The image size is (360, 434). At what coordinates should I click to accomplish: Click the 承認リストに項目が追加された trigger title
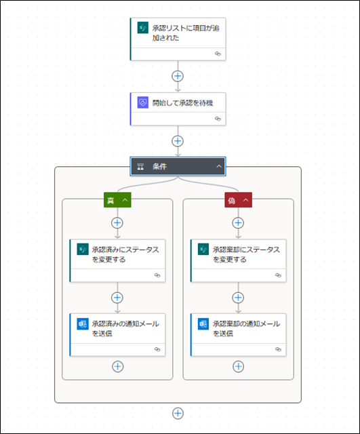pos(186,33)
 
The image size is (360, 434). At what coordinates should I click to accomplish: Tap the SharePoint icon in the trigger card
pos(143,28)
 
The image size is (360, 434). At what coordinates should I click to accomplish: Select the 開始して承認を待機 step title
pos(182,103)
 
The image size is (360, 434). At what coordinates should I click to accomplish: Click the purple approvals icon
pos(143,102)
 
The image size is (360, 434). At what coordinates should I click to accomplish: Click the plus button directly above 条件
pos(178,141)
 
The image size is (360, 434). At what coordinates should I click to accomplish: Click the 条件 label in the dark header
pos(160,166)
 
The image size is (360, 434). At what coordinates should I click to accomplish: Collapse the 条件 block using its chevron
pos(219,166)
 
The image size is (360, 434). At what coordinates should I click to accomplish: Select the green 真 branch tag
pos(117,200)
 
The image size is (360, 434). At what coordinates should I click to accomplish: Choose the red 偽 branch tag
pos(238,200)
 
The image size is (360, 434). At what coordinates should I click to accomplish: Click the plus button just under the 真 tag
pos(117,223)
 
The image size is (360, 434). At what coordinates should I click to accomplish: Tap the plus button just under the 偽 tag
pos(238,223)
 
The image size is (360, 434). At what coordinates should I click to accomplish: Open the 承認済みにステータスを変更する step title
pos(125,255)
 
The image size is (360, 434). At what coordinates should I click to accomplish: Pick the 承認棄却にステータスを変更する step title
pos(246,255)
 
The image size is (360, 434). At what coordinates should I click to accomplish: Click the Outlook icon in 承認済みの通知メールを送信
pos(83,324)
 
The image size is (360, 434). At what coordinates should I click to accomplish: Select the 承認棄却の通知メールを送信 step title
pos(246,328)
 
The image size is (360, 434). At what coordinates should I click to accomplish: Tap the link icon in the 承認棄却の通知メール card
pos(279,349)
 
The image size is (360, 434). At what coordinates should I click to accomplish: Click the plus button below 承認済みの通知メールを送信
pos(117,366)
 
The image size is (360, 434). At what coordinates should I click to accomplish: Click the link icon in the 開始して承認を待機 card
pos(218,119)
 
